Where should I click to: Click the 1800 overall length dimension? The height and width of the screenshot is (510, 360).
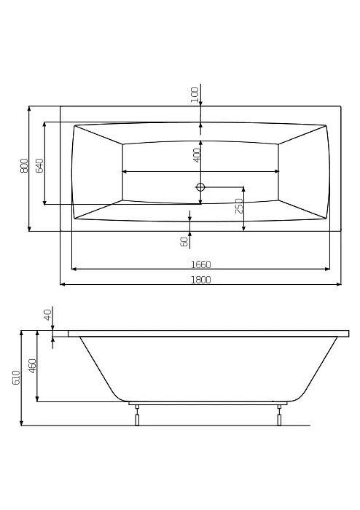coord(200,280)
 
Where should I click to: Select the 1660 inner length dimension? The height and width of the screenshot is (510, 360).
coord(200,264)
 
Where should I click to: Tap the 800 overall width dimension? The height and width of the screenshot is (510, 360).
coord(24,166)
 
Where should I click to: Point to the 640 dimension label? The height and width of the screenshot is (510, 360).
coord(39,166)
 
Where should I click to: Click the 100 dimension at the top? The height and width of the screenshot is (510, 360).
coord(195,95)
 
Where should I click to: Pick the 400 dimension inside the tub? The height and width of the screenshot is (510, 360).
coord(197,155)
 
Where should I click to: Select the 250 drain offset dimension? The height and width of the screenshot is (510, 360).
coord(239,206)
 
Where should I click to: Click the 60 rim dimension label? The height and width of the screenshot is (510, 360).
coord(184,242)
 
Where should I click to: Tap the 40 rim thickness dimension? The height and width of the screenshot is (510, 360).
coord(47,315)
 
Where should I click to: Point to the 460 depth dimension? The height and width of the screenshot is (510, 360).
coord(33,366)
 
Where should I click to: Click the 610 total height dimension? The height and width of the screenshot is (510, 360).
coord(16,377)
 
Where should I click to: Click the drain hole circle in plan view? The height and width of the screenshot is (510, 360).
coord(200,187)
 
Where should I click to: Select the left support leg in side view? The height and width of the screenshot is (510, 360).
coord(138,415)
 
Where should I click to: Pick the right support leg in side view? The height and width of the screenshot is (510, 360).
coord(279,415)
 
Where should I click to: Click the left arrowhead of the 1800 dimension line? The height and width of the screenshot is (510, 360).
coord(63,285)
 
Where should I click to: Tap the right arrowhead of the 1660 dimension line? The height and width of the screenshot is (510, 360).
coord(327,269)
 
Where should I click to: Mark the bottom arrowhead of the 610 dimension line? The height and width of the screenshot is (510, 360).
coord(22,423)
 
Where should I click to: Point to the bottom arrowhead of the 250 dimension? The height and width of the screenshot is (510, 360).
coord(243,228)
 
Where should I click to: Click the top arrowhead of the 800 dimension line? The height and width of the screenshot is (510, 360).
coord(29,109)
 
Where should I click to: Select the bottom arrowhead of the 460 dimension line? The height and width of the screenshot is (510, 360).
coord(37,399)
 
